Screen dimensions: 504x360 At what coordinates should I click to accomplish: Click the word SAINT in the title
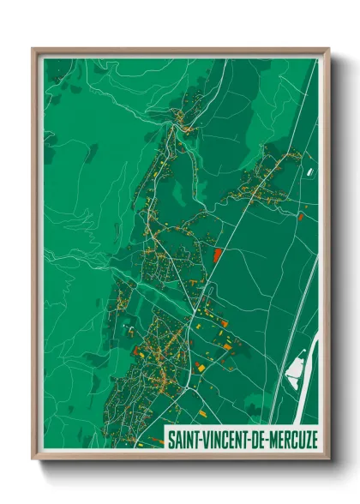(x=183, y=440)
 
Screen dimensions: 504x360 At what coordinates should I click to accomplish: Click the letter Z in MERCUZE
(x=305, y=440)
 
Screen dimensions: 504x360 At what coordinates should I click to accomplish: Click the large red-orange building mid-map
(x=217, y=255)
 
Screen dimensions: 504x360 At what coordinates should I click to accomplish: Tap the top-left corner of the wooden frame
(x=33, y=49)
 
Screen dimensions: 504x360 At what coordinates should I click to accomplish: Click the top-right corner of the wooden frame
(x=328, y=49)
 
